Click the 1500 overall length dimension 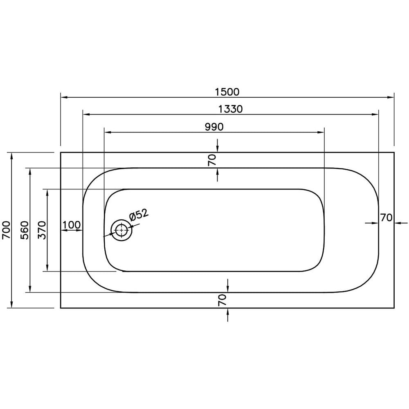[x=227, y=92]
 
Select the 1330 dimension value [x=230, y=109]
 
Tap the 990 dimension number [x=214, y=127]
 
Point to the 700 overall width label [x=6, y=230]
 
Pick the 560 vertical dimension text [x=24, y=230]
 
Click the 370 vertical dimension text [x=42, y=230]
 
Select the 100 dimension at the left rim [x=72, y=225]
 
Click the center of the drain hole [x=121, y=231]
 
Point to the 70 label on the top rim [x=212, y=160]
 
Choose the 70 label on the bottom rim [x=222, y=300]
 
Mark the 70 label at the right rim [x=386, y=218]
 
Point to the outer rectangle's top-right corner [x=394, y=153]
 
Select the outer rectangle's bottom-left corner [x=61, y=308]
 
